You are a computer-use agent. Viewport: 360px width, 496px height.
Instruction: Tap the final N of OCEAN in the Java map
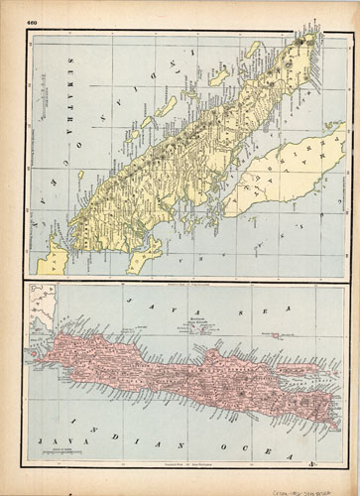pyautogui.click(x=314, y=462)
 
